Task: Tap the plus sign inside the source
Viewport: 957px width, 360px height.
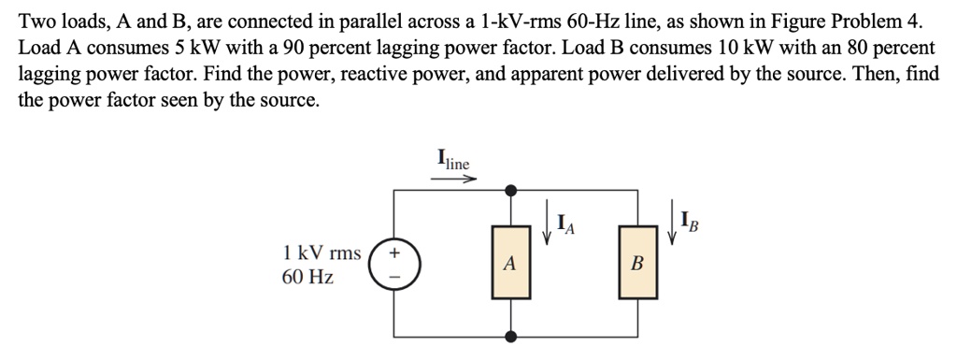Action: click(393, 252)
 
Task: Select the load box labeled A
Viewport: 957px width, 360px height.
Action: click(508, 264)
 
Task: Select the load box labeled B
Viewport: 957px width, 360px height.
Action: click(637, 264)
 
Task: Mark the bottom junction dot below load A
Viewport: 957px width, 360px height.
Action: click(508, 336)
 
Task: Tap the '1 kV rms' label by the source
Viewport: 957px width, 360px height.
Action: click(321, 252)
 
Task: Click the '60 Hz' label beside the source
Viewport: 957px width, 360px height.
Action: click(307, 278)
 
